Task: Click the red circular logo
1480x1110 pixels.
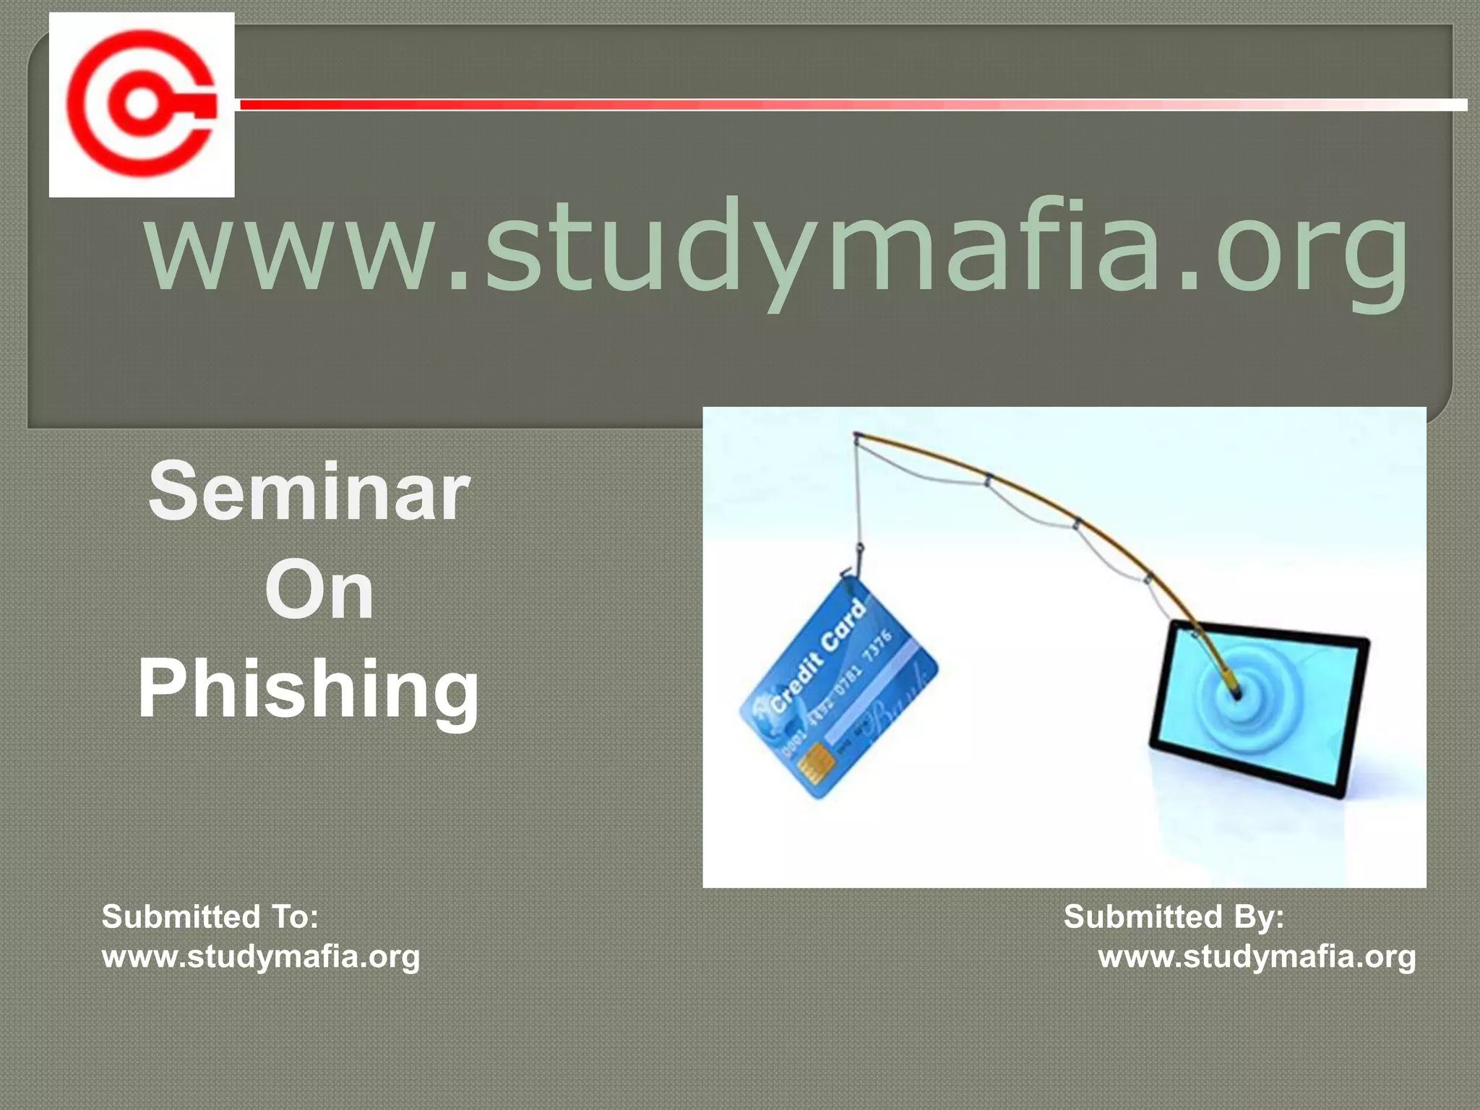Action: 142,104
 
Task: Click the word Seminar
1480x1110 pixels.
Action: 309,492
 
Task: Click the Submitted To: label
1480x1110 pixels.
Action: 210,916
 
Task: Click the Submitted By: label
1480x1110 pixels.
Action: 1174,916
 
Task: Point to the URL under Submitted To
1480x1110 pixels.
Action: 261,957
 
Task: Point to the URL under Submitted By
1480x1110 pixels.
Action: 1257,957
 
